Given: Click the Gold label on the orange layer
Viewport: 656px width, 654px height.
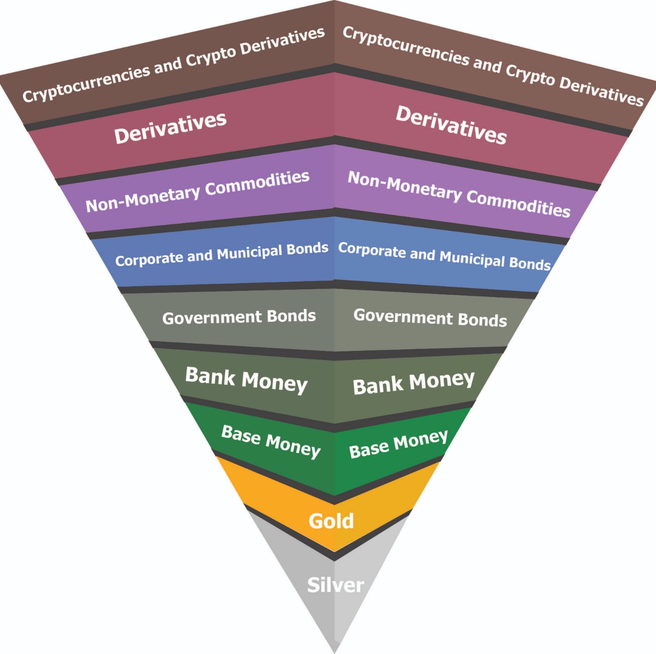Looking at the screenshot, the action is [331, 521].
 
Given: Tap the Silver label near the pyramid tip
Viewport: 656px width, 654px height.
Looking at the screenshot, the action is [335, 585].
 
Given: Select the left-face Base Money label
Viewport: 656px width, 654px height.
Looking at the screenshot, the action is [271, 441].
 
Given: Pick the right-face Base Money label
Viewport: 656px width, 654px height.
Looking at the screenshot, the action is [398, 444].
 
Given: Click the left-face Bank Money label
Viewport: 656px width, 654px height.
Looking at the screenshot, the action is [246, 380].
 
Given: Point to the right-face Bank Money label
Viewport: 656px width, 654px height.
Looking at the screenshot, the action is [414, 383].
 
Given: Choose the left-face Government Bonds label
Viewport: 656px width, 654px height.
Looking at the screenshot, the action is [239, 317].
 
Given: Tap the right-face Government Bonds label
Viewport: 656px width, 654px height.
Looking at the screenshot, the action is [430, 318].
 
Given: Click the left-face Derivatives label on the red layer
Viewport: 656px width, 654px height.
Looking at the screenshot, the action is [170, 127].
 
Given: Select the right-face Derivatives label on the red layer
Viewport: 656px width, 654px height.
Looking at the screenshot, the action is [451, 125].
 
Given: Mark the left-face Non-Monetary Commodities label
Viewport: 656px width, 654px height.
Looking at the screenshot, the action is [197, 191].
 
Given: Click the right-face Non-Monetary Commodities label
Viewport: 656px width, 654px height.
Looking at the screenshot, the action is [459, 193].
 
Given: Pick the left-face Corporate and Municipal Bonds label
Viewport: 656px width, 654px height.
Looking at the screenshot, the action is [221, 254].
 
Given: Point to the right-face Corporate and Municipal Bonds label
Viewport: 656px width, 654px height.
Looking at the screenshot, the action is [444, 256].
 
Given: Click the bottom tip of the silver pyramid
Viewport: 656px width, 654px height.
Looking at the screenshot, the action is [335, 651].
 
